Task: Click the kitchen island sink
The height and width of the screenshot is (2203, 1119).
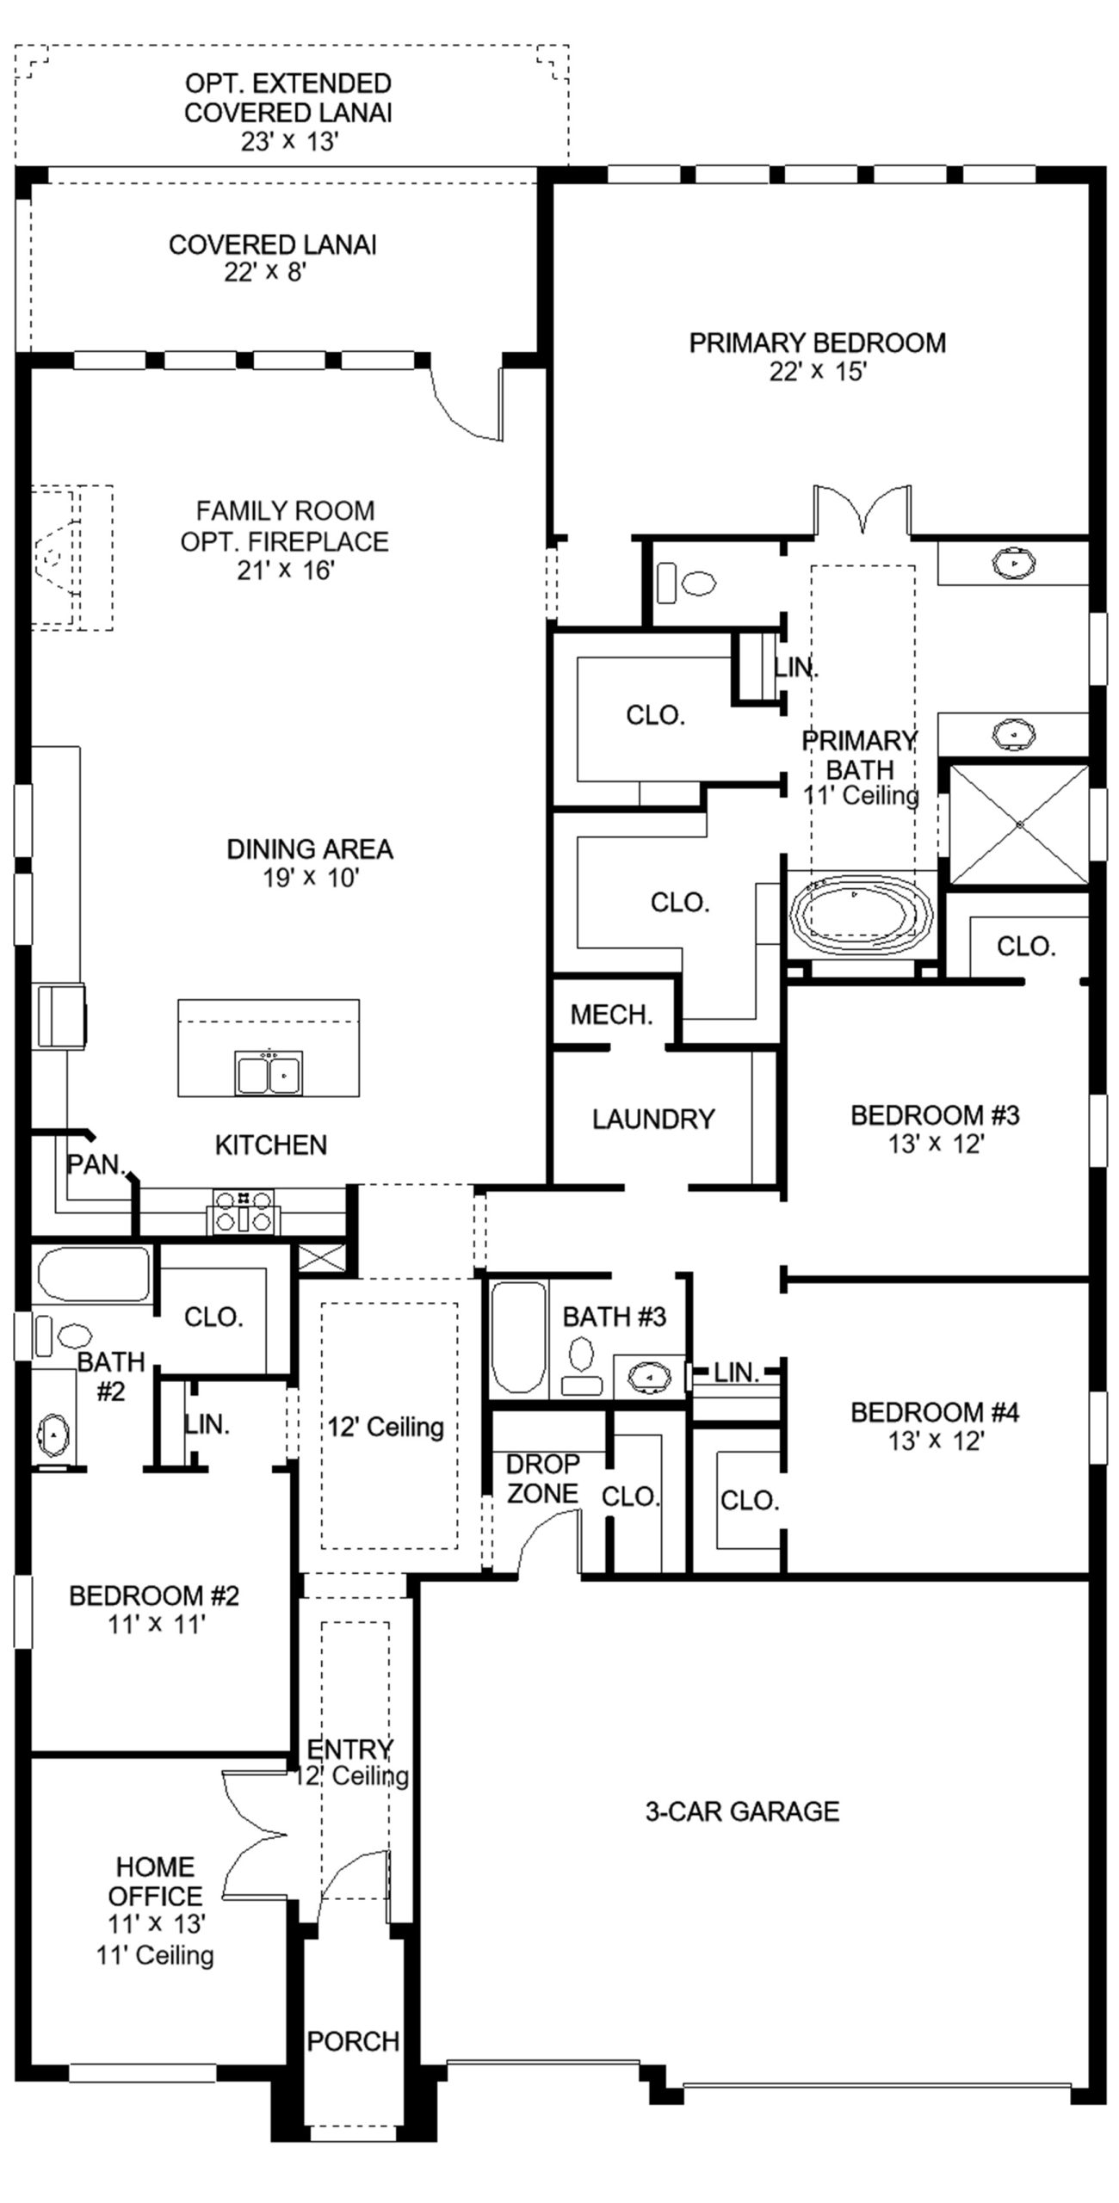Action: [269, 1071]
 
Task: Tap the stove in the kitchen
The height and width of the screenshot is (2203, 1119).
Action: [244, 1212]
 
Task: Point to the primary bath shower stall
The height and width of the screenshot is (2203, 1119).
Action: [1019, 824]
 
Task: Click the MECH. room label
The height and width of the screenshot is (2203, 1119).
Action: [611, 1015]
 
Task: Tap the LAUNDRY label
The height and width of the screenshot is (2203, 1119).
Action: [653, 1119]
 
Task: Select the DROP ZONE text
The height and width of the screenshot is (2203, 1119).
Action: [542, 1478]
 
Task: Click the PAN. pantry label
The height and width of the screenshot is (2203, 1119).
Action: [96, 1164]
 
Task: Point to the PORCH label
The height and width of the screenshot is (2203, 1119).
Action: [353, 2040]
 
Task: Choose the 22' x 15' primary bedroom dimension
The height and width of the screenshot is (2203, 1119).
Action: [817, 372]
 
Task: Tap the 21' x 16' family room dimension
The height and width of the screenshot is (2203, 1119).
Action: [285, 570]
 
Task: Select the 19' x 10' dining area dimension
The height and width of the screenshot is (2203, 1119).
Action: [310, 878]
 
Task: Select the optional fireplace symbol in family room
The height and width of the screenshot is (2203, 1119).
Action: [71, 558]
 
